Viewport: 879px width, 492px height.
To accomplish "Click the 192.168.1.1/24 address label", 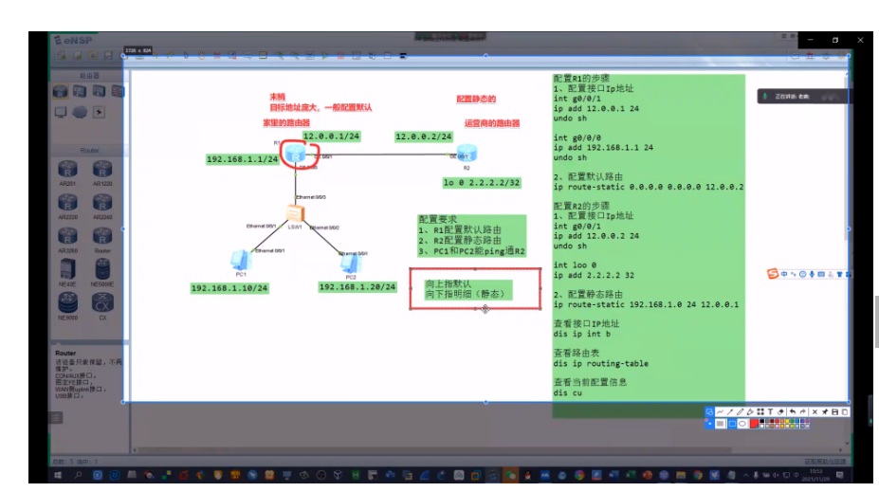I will pos(242,159).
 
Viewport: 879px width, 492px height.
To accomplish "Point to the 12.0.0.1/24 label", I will pos(331,137).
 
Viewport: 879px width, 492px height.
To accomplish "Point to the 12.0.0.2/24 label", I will pos(424,137).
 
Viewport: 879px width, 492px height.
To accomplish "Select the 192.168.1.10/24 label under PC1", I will pos(229,287).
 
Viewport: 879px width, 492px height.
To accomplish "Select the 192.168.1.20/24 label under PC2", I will pos(357,286).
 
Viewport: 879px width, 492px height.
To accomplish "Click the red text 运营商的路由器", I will pos(491,123).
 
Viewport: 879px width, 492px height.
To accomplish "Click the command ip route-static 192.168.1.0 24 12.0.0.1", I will pos(646,304).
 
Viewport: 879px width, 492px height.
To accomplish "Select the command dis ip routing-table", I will pos(600,363).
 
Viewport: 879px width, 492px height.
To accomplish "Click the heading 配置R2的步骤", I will pos(581,206).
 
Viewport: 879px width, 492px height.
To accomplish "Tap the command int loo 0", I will pos(575,265).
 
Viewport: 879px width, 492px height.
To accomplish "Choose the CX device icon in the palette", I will pos(102,303).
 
